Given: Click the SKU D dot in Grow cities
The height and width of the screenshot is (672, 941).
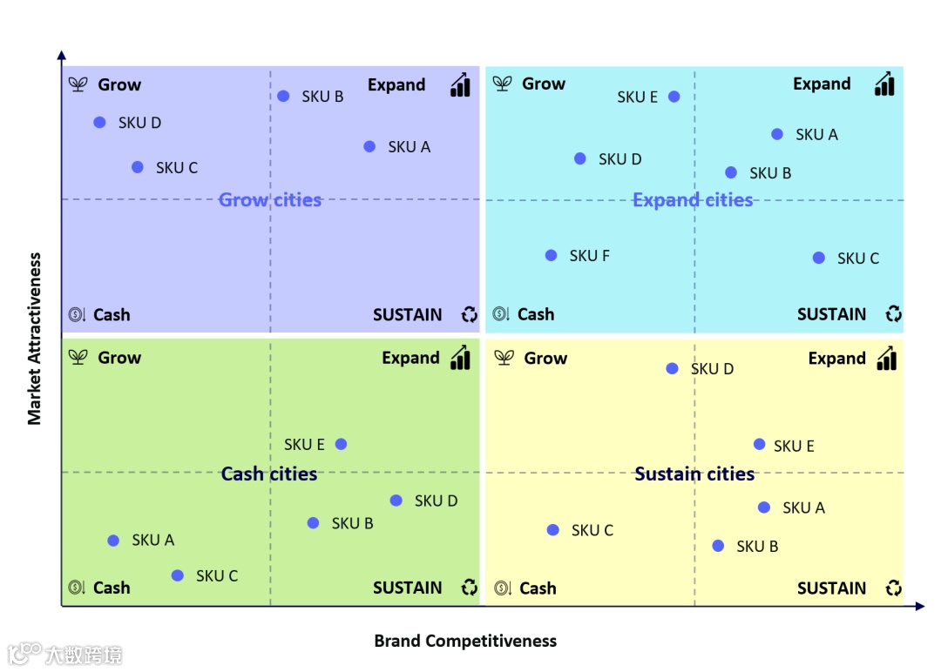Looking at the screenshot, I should coord(100,123).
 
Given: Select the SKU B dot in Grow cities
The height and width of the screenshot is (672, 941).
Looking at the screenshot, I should coord(283,96).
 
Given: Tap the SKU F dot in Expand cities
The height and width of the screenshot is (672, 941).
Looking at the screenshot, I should coord(552,255).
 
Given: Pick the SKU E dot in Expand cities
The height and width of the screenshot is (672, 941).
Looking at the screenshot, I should coord(674,96).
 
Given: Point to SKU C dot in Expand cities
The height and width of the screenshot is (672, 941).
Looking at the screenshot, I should coord(819,258).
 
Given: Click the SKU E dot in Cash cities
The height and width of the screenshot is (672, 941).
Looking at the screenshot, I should coord(342,444).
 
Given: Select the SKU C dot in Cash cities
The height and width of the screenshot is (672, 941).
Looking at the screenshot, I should coord(178,575).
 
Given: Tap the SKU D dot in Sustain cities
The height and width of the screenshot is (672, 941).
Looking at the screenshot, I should coord(672,368).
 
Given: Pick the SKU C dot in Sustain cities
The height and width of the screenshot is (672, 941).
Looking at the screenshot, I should coord(553,530).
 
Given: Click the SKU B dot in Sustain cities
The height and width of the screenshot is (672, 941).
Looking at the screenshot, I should coord(718,546).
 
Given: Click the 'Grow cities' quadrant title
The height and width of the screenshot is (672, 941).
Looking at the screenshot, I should coord(270,200).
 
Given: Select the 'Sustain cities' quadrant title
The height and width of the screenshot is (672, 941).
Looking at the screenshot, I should coord(694,474).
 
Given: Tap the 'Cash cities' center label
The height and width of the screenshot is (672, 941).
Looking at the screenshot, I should coord(269,474).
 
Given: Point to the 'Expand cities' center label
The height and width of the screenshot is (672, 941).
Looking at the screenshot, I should coord(693,200).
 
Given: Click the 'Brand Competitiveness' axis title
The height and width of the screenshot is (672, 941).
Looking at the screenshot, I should coord(465,642).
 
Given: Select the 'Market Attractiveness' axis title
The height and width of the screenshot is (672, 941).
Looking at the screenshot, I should coord(35,339).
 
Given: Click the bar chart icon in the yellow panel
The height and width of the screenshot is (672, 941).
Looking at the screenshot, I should coord(886,359).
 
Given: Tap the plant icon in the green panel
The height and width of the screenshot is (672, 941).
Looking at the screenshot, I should coord(78,358).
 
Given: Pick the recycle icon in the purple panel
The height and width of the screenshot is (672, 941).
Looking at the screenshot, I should coord(470,315).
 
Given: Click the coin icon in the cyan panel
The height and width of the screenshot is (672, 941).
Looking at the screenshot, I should coord(501,314).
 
